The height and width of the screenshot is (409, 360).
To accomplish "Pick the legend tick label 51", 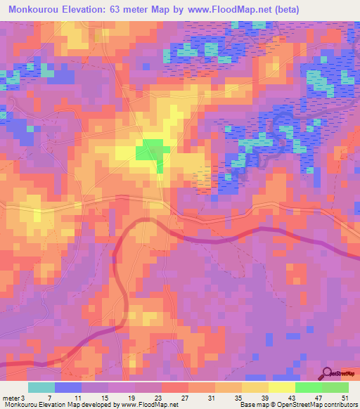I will coord(345,397).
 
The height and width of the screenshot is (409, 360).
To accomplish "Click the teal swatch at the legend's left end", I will coord(41,387).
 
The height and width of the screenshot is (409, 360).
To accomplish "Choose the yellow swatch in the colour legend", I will coord(281,387).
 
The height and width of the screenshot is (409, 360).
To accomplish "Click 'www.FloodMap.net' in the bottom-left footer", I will coord(151,405).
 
